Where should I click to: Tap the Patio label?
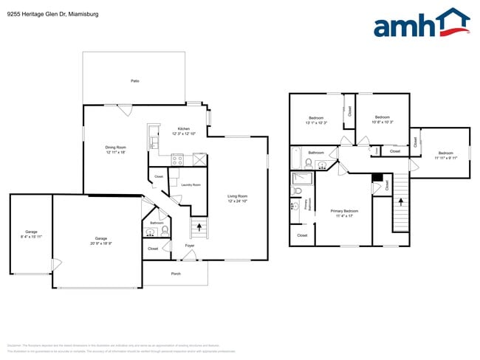[134, 80]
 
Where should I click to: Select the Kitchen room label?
[183, 128]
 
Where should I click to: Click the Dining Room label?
[116, 147]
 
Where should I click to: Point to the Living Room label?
[237, 195]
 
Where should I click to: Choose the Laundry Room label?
[191, 184]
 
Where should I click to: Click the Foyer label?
[190, 245]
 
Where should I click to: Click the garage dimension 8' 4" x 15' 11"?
[30, 236]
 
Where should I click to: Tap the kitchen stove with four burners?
[178, 159]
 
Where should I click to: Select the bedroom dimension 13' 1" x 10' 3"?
[316, 122]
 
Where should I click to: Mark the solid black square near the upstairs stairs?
[377, 178]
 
